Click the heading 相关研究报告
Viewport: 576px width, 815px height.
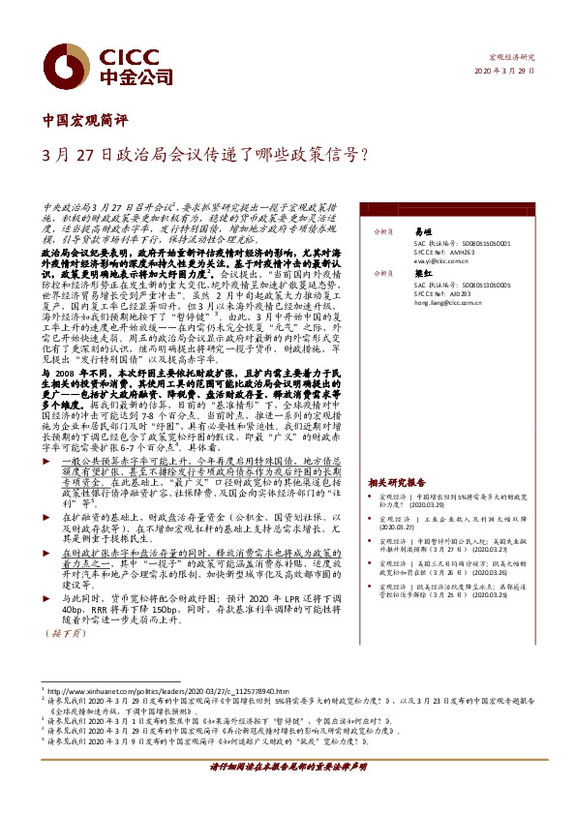(397, 481)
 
